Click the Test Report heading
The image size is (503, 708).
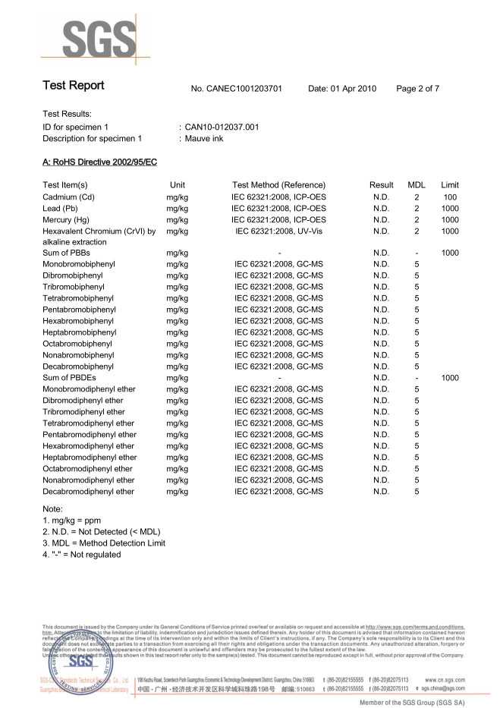74,86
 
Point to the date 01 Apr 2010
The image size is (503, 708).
342,89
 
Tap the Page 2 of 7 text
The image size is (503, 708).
417,89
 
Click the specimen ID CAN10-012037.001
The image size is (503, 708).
222,127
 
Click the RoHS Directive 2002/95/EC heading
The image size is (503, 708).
99,162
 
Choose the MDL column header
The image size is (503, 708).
417,185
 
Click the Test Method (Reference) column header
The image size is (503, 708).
278,185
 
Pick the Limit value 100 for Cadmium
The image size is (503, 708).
450,197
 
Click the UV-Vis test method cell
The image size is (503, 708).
278,231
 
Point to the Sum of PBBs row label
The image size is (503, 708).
72,253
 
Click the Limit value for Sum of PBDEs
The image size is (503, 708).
450,378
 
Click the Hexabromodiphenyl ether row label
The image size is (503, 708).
89,446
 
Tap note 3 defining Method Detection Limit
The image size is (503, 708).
104,543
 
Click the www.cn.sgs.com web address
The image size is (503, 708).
445,680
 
